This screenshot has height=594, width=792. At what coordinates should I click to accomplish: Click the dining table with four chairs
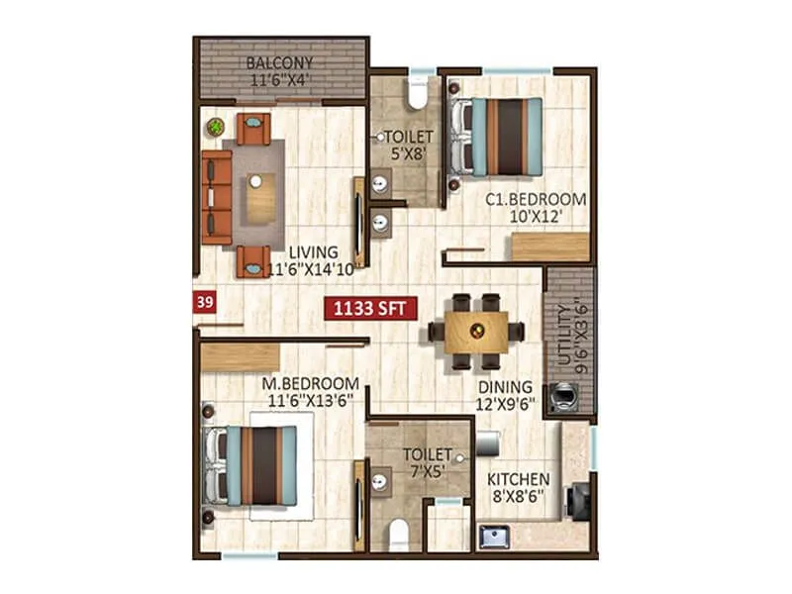pos(476,331)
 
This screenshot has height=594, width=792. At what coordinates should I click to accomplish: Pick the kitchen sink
pos(494,538)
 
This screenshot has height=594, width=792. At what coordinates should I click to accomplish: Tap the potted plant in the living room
pos(215,127)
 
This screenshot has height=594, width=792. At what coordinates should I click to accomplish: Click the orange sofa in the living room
pos(216,197)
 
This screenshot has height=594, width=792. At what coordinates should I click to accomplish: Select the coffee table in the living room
pos(260,197)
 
